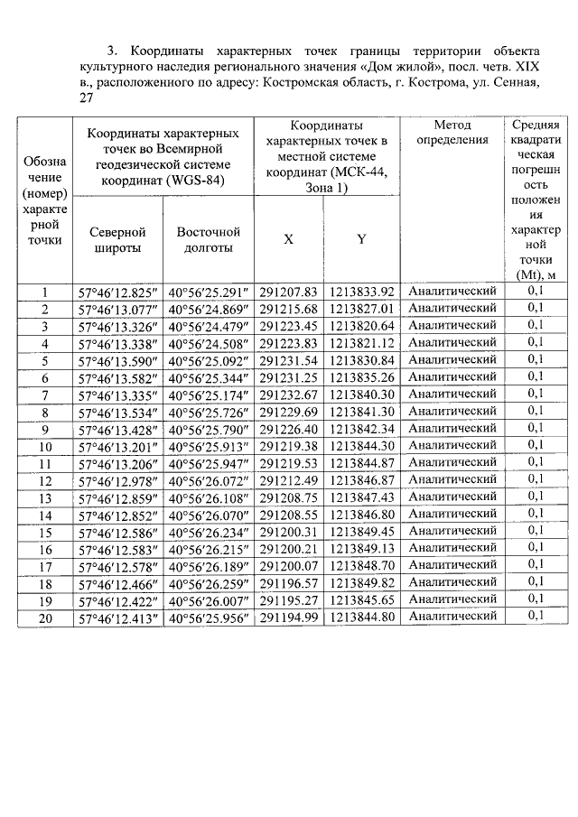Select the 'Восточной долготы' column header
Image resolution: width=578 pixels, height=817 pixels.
[208, 239]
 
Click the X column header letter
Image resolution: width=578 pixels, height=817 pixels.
[288, 239]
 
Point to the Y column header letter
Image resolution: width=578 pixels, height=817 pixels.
[361, 239]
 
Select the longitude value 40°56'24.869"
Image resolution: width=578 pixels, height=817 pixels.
[208, 309]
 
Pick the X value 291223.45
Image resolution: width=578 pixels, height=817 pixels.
[288, 326]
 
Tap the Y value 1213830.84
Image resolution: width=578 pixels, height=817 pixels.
[362, 360]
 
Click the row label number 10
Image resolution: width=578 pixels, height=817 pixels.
[45, 446]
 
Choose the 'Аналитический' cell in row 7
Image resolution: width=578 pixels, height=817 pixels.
[452, 394]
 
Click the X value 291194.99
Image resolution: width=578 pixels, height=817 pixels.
[288, 617]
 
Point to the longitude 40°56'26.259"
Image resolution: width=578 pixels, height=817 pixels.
[208, 582]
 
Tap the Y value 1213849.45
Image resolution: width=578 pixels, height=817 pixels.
[362, 531]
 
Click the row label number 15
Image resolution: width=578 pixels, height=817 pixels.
[45, 532]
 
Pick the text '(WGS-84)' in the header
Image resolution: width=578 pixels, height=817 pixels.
[193, 180]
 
